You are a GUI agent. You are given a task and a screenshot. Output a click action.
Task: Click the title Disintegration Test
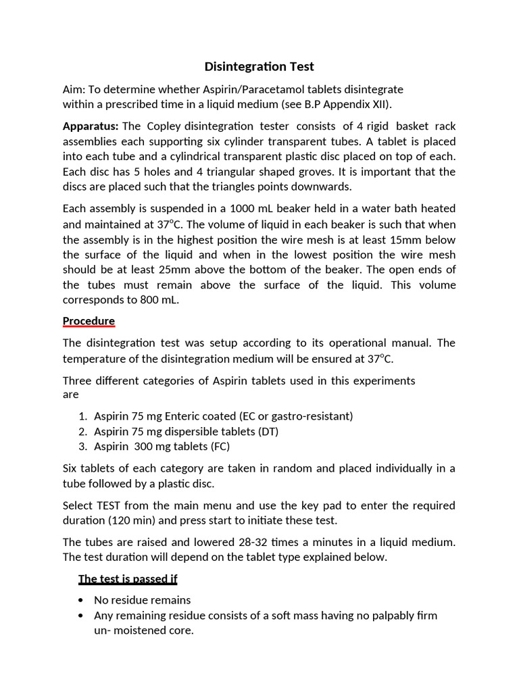(x=259, y=66)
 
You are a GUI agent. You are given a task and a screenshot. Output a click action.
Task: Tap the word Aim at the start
(x=72, y=90)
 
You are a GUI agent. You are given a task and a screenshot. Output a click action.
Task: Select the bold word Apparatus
(x=91, y=126)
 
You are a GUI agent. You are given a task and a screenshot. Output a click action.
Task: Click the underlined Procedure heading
(x=89, y=321)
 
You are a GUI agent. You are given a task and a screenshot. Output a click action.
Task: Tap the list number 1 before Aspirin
(x=82, y=416)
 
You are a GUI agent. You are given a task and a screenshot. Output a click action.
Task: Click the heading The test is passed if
(x=128, y=578)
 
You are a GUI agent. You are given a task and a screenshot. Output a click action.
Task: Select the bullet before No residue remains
(x=81, y=600)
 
